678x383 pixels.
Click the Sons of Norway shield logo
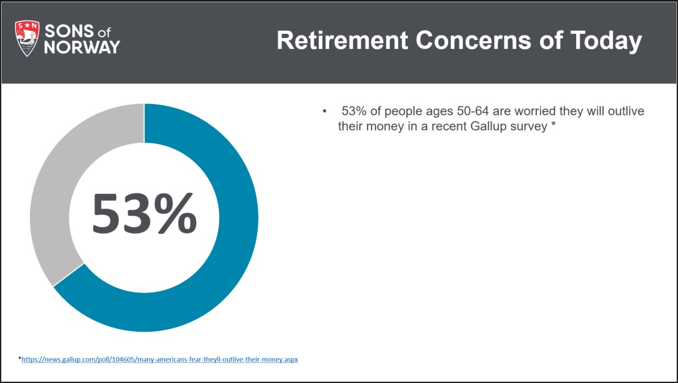[27, 38]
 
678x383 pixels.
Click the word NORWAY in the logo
[82, 47]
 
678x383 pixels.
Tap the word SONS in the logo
[70, 31]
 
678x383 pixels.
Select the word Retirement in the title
[342, 40]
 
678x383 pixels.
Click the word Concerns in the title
[473, 40]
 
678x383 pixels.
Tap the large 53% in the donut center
[145, 213]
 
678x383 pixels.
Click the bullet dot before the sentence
[324, 111]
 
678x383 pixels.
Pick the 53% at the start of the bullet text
[354, 111]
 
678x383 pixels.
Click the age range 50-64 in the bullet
[473, 111]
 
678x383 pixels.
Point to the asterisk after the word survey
[553, 124]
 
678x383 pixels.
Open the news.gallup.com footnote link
[160, 360]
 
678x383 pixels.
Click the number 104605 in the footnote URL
[123, 360]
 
